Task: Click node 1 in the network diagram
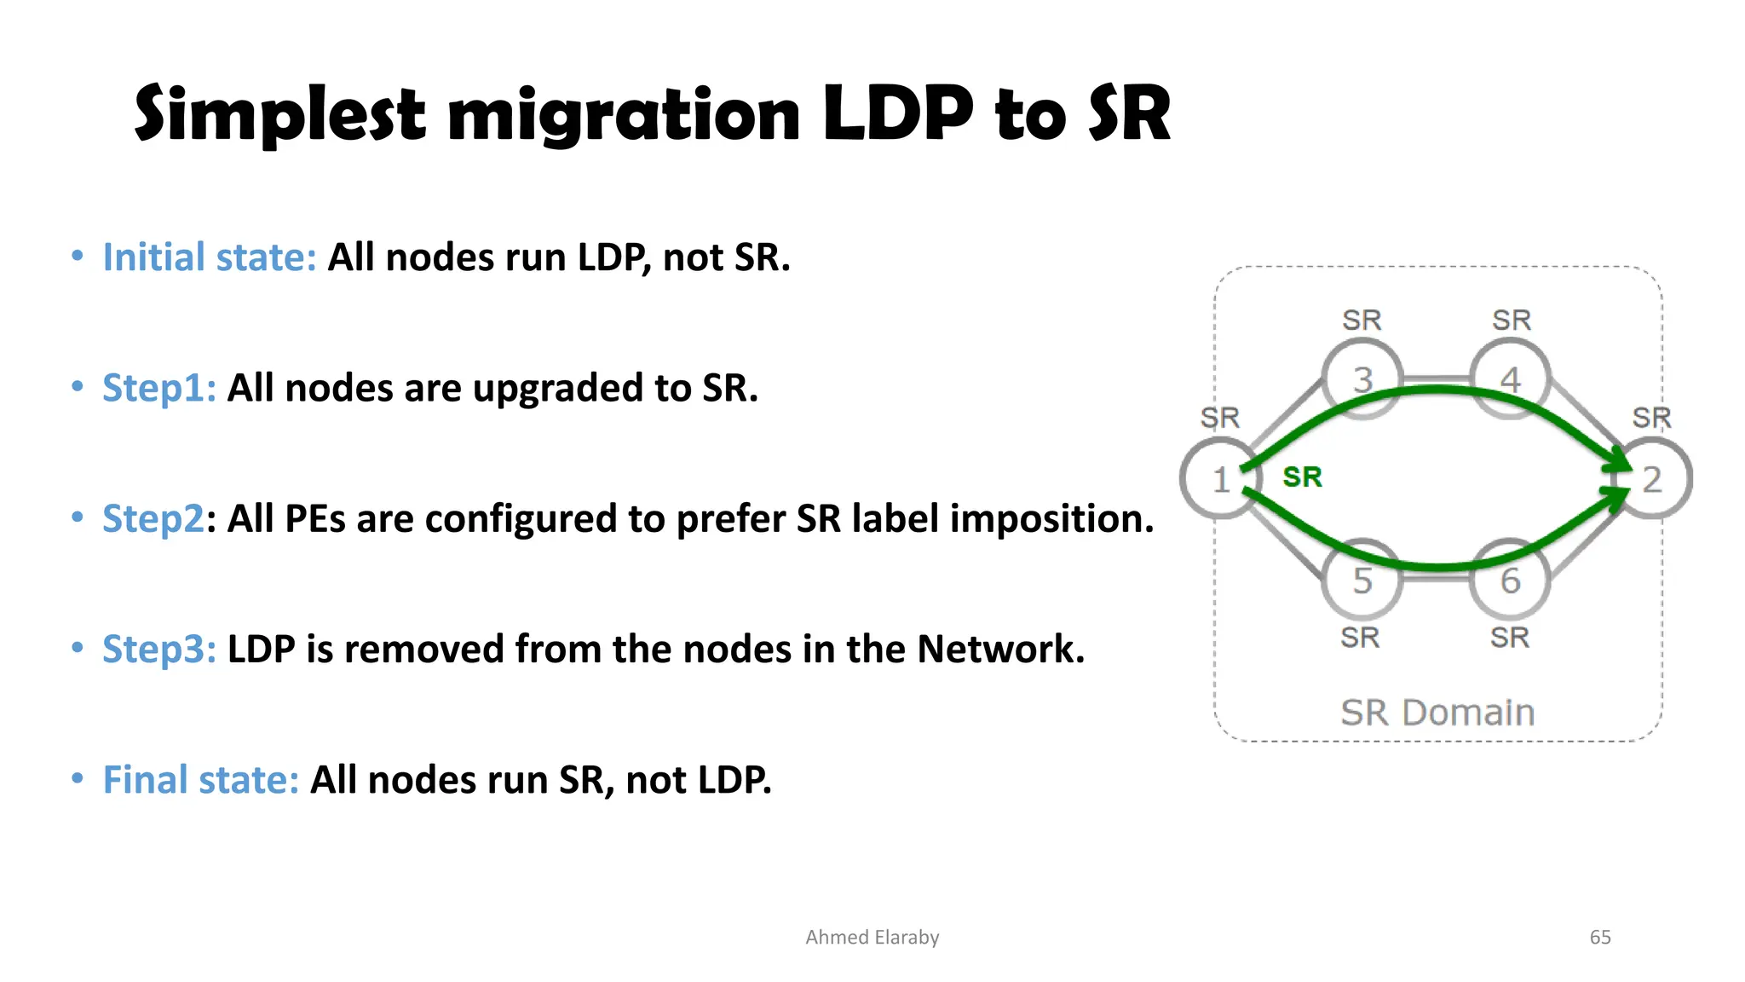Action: (1220, 479)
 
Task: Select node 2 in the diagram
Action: (1652, 479)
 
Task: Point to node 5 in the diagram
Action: (1362, 581)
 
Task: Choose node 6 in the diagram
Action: (1510, 581)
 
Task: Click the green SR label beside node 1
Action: (1302, 477)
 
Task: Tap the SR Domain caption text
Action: (1437, 713)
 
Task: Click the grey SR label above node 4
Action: (1511, 321)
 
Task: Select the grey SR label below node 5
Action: (1360, 638)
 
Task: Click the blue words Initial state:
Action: (210, 257)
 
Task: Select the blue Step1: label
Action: (159, 389)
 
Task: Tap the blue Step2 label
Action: (153, 519)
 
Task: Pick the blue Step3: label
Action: (159, 650)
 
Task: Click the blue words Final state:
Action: (201, 780)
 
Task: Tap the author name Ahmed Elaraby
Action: (872, 938)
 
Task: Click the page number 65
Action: (1599, 938)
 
